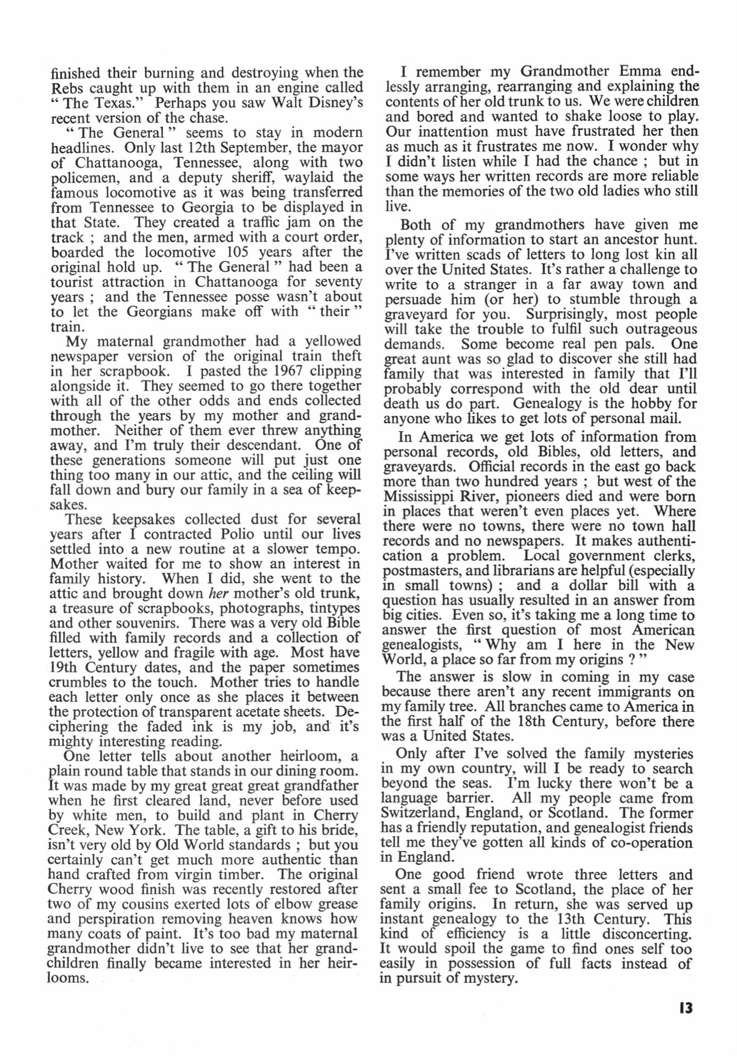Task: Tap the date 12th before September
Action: coord(205,148)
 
